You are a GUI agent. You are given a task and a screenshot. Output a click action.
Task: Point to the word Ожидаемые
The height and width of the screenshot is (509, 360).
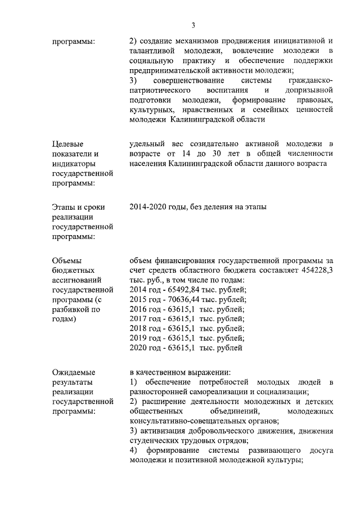pos(73,372)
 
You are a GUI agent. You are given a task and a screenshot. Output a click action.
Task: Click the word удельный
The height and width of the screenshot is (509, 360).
pos(147,144)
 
